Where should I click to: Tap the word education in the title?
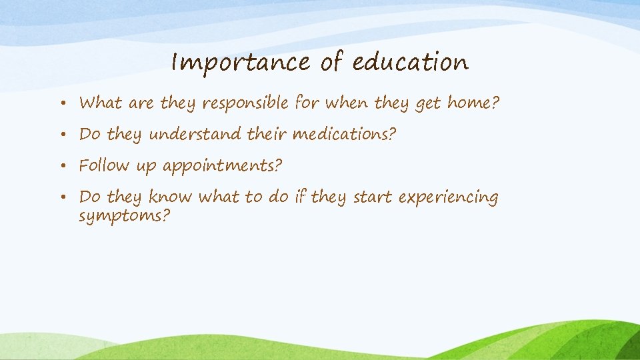click(x=410, y=63)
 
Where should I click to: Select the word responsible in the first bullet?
click(x=245, y=103)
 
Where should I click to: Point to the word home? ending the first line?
click(x=473, y=103)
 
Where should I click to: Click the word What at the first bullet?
click(x=100, y=103)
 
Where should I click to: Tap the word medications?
click(x=345, y=135)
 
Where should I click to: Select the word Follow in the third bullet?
click(x=105, y=165)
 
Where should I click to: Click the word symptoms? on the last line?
click(x=125, y=217)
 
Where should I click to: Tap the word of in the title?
click(x=331, y=63)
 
